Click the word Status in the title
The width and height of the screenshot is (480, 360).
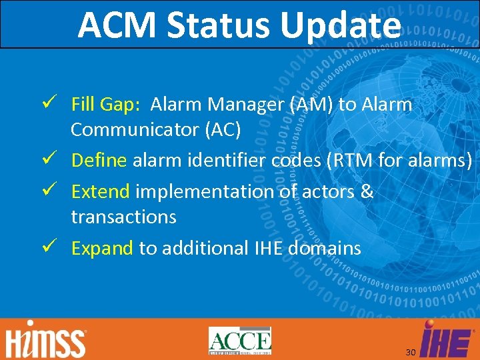pos(220,25)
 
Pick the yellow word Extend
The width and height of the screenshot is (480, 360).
pos(101,192)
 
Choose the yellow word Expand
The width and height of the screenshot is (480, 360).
pos(103,249)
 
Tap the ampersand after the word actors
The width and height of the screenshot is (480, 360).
pos(367,192)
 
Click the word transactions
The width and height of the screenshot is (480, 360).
pos(123,217)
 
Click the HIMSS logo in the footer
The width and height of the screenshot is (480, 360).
pos(47,341)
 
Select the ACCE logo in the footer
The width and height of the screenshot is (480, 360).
pos(239,341)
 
